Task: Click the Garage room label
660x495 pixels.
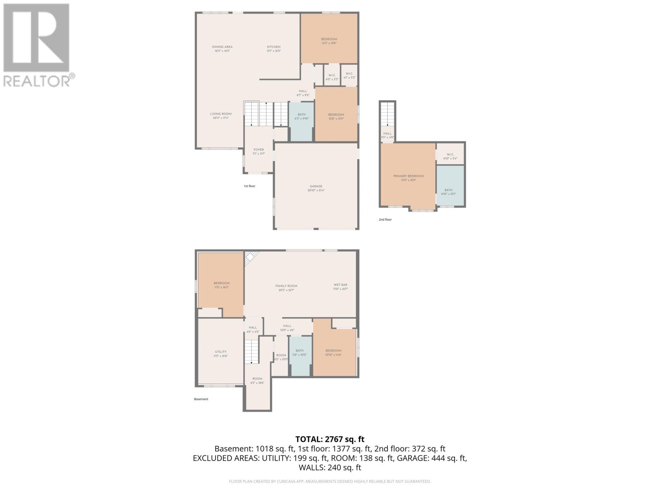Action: click(316, 188)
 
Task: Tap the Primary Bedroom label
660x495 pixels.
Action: click(408, 178)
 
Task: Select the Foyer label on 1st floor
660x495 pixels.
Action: click(259, 151)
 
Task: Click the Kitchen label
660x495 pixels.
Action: click(273, 49)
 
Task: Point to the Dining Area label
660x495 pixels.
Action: click(222, 49)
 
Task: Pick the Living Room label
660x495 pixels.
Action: click(221, 115)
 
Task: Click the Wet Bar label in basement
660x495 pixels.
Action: click(340, 287)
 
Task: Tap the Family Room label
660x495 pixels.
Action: click(286, 288)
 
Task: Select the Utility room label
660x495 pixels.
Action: click(221, 354)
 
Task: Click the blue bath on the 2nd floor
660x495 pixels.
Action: click(450, 186)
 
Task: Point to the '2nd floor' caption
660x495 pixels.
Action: click(385, 219)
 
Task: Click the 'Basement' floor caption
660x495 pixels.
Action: click(201, 399)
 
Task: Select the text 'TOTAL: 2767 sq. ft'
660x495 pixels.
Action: click(330, 439)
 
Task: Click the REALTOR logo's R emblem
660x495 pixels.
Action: click(36, 38)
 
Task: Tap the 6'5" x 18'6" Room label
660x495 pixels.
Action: click(257, 380)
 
